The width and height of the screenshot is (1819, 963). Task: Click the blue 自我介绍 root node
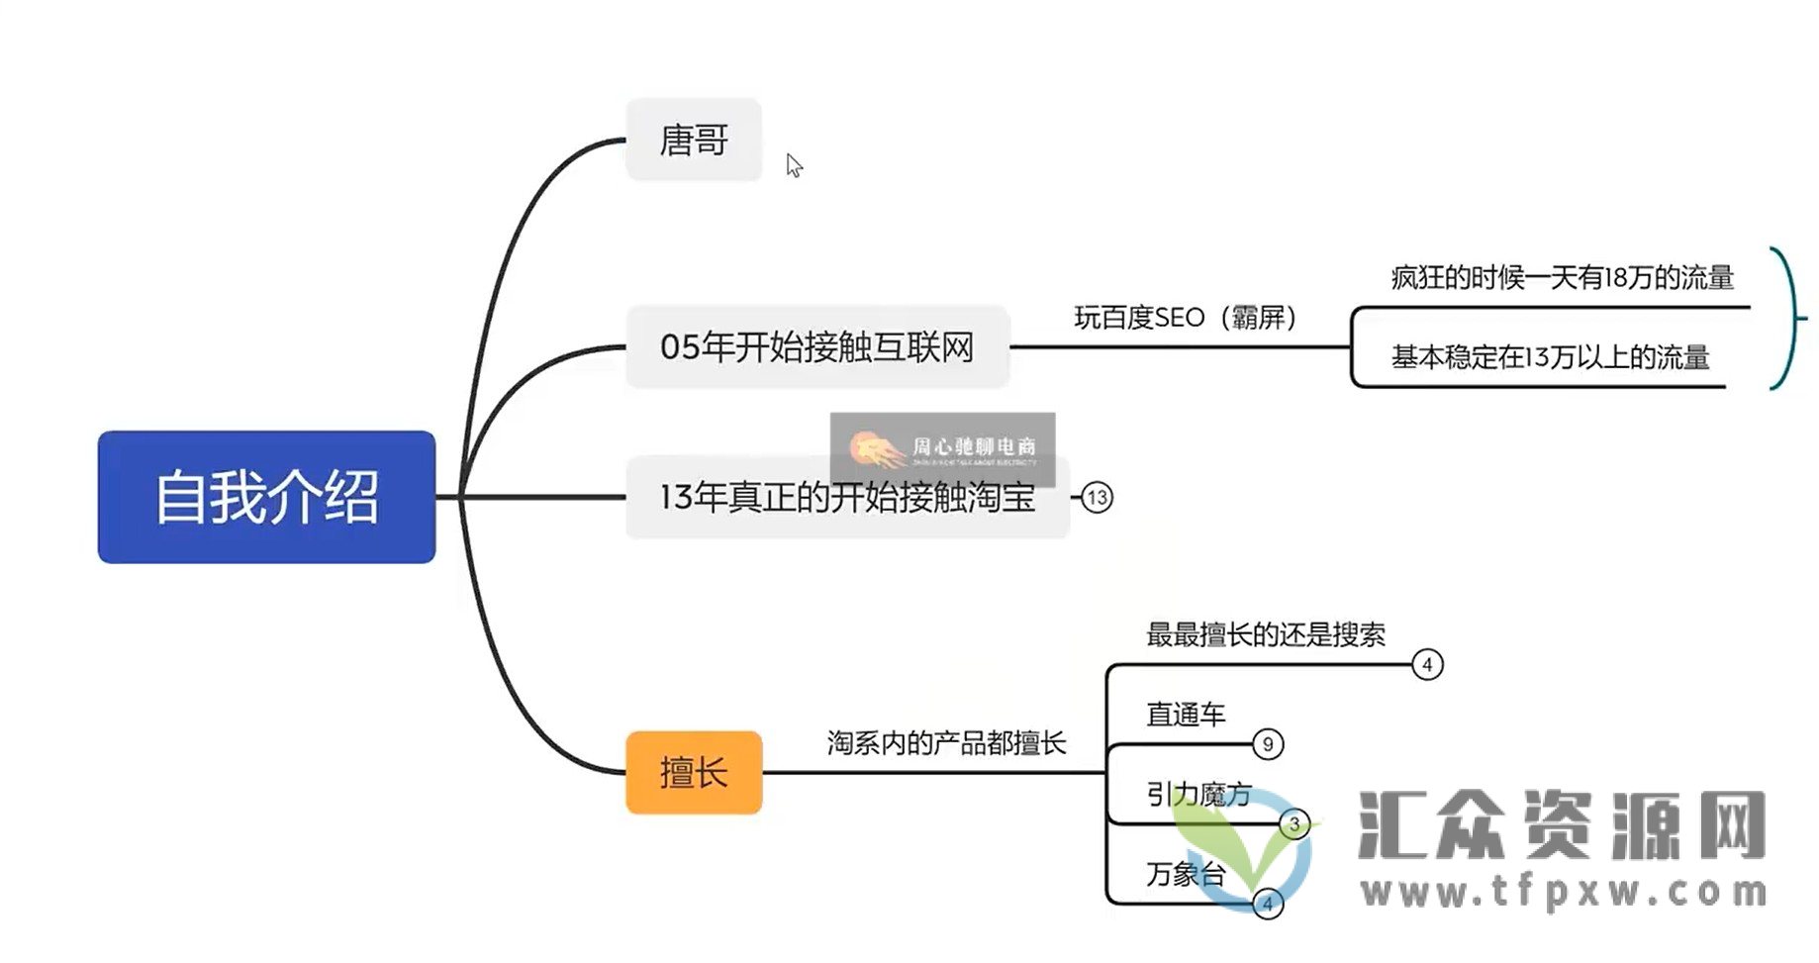pos(266,497)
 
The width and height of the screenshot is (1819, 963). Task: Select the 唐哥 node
pos(694,140)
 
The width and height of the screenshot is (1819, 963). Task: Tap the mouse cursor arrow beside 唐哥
pos(794,165)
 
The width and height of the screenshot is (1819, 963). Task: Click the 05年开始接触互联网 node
pos(817,347)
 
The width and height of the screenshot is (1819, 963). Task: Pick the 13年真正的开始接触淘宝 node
pos(847,498)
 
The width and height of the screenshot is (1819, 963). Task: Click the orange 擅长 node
pos(694,773)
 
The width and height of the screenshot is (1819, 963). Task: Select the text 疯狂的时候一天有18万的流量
pos(1562,278)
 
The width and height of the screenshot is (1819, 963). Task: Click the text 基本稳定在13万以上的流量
pos(1550,357)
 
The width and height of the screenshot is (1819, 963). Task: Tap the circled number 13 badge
pos(1097,498)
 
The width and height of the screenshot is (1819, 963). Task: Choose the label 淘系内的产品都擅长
pos(946,743)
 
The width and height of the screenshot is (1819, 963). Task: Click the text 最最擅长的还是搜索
pos(1266,634)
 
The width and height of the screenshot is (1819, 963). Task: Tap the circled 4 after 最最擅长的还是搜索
pos(1427,665)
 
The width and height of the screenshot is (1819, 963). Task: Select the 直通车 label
pos(1186,714)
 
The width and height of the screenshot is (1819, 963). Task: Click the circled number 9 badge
pos(1268,744)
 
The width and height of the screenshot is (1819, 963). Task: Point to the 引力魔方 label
pos(1198,794)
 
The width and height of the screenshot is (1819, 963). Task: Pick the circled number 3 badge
pos(1294,823)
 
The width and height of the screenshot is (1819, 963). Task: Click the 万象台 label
pos(1186,874)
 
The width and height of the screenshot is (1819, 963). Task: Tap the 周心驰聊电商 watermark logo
pos(942,448)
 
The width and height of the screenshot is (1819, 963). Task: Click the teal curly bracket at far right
pos(1787,318)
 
